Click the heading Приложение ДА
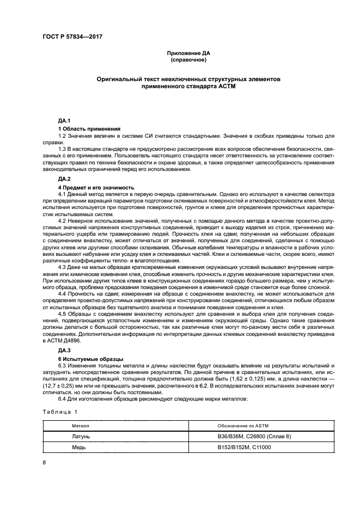[x=188, y=53]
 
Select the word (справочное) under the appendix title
[x=188, y=60]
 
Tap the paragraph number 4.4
[x=63, y=293]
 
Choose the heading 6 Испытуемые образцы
[x=90, y=358]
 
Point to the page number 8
[x=44, y=462]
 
